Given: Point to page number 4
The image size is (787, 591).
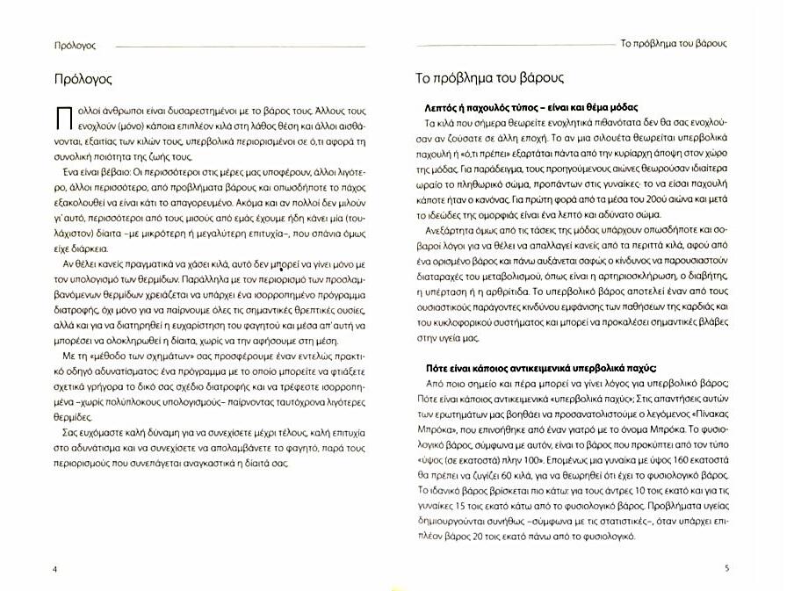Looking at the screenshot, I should (x=54, y=568).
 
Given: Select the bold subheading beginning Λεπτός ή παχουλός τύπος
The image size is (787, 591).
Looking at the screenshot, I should (x=524, y=106).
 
